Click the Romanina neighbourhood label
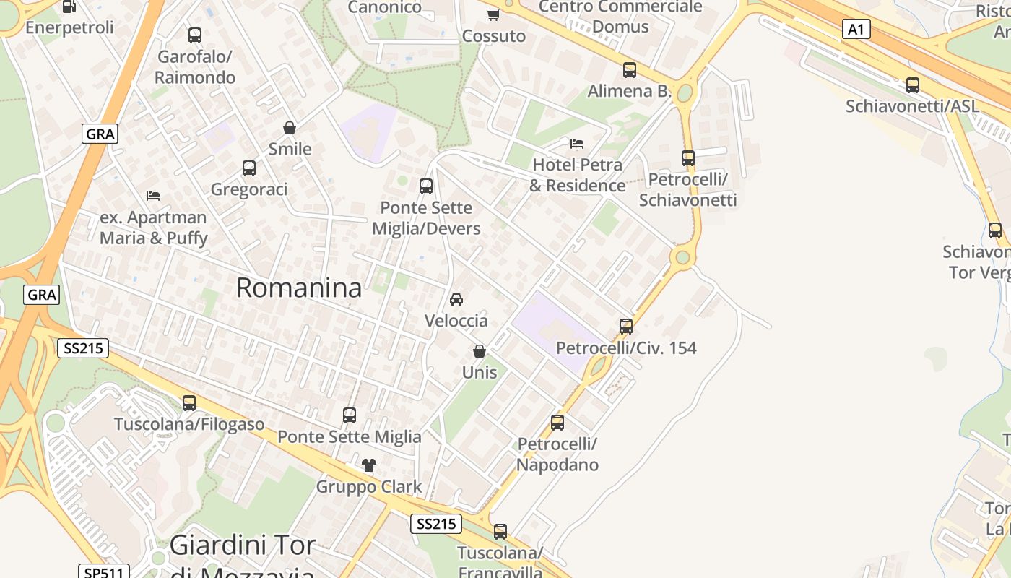point(299,288)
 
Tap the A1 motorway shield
point(856,29)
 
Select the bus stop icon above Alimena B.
point(630,70)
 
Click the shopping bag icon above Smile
point(290,128)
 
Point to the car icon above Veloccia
point(456,299)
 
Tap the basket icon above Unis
point(479,351)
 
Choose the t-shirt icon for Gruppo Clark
point(369,465)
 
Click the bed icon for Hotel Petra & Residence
point(576,143)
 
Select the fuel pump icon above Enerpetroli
point(69,7)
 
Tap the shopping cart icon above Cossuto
point(494,14)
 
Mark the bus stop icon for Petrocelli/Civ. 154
point(626,327)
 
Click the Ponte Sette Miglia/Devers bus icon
point(426,186)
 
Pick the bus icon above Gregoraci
point(249,168)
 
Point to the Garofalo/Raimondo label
point(195,66)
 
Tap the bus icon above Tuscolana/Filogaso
point(189,403)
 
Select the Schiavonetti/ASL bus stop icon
point(913,85)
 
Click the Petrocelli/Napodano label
point(557,454)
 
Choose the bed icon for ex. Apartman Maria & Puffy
point(153,195)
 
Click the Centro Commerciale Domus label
point(620,17)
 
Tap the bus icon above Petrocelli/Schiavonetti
point(688,158)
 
